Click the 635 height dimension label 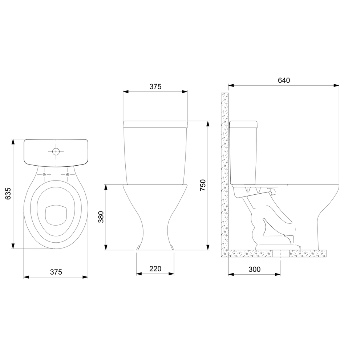(8, 194)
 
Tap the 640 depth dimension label (284, 80)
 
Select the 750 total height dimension (203, 185)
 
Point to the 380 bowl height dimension (101, 217)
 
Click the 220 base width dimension (155, 268)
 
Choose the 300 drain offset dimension (254, 269)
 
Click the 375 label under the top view (56, 272)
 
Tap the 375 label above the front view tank (155, 86)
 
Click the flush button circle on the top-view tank (56, 151)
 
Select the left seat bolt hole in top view (44, 175)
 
